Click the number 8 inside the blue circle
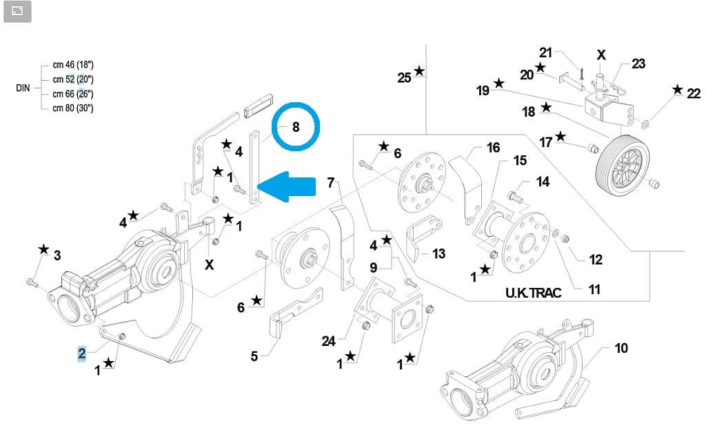tap(296, 127)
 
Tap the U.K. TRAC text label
tap(533, 293)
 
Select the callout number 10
tap(621, 348)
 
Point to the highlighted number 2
tap(81, 354)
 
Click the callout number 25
tap(405, 77)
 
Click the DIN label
tap(23, 89)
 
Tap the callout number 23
tap(638, 64)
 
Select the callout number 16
tap(493, 148)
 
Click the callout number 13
tap(439, 254)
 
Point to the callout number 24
tap(328, 340)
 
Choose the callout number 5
tap(254, 356)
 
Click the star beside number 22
tap(678, 89)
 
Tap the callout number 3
tap(57, 255)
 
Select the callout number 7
tap(331, 183)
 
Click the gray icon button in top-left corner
tap(17, 11)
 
